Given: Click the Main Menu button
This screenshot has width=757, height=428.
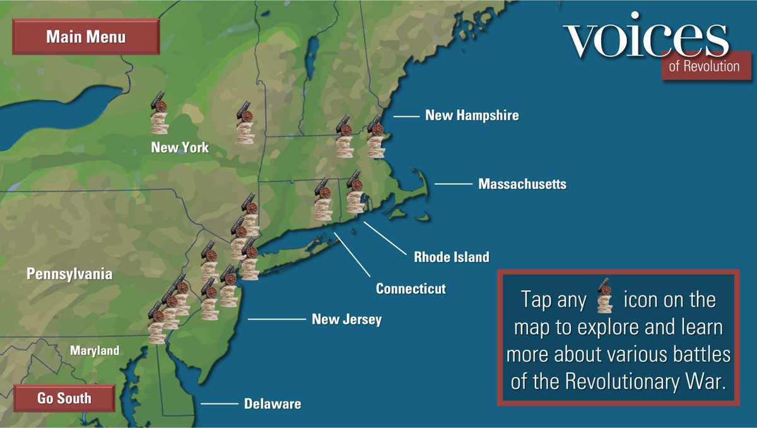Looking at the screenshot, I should [x=86, y=37].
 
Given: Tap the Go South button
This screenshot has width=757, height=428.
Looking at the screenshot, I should [x=64, y=398].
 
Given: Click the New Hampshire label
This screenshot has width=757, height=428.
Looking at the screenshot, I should [x=472, y=115].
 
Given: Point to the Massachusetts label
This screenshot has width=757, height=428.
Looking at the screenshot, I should [x=522, y=184].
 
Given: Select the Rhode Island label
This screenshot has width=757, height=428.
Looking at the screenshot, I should [x=451, y=257].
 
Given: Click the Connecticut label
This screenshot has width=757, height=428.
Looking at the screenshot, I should [x=411, y=288].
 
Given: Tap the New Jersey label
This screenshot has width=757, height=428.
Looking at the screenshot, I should [x=346, y=319].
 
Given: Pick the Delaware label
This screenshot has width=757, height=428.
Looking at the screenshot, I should [x=273, y=403].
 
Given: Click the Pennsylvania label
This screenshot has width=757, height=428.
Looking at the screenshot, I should [x=69, y=274].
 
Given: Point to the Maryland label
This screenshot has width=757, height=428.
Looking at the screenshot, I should [x=94, y=350].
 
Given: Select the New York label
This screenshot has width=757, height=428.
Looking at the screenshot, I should [x=180, y=148].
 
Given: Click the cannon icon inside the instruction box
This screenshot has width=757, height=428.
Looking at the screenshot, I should [x=605, y=295].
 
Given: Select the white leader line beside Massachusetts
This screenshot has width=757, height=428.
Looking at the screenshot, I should [x=453, y=184].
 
